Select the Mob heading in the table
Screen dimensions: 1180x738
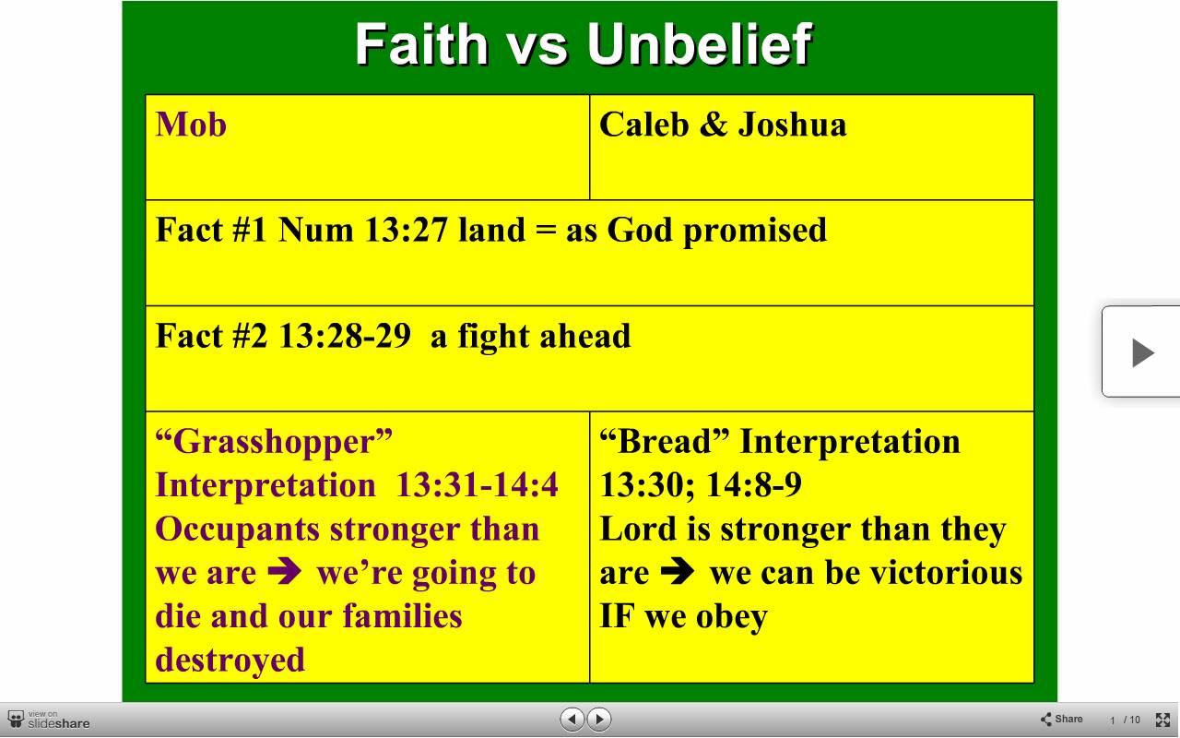point(191,125)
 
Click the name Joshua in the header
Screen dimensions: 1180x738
point(792,125)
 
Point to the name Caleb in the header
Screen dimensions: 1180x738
point(644,125)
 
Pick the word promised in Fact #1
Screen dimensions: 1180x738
point(755,232)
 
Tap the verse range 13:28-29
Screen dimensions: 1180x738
point(345,336)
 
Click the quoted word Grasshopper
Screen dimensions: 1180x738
point(274,443)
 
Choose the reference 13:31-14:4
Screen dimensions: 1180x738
point(477,484)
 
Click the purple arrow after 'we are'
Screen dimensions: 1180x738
point(285,571)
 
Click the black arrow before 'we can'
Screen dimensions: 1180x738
point(677,571)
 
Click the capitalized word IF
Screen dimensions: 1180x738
point(617,616)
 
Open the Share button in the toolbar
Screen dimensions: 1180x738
point(1062,719)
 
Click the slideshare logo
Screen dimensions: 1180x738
point(49,720)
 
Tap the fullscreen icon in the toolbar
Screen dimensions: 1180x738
point(1162,720)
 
